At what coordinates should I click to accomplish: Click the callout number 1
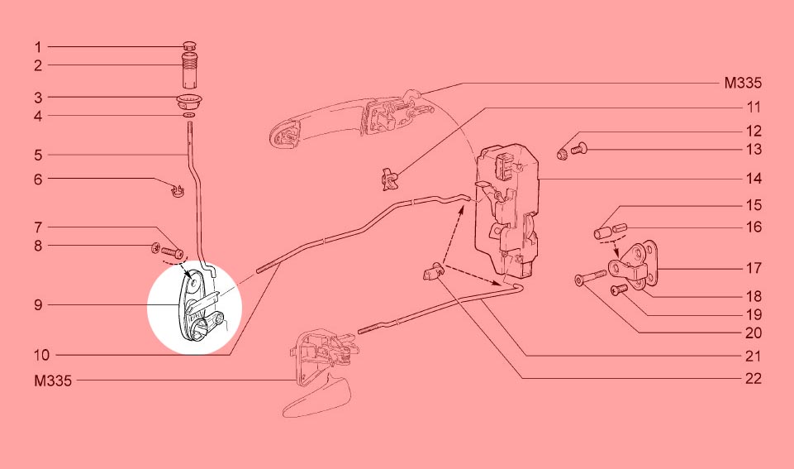click(37, 47)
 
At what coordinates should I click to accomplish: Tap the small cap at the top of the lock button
click(189, 46)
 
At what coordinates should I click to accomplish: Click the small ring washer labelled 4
click(189, 116)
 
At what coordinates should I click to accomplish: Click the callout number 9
click(39, 305)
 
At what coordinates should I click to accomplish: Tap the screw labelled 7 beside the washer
click(172, 251)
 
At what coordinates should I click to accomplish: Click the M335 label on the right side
click(742, 84)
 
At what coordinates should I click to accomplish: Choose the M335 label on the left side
click(53, 380)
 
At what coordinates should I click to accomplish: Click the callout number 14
click(754, 179)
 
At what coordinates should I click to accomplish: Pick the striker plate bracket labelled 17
click(634, 266)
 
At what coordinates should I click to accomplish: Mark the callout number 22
click(754, 379)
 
